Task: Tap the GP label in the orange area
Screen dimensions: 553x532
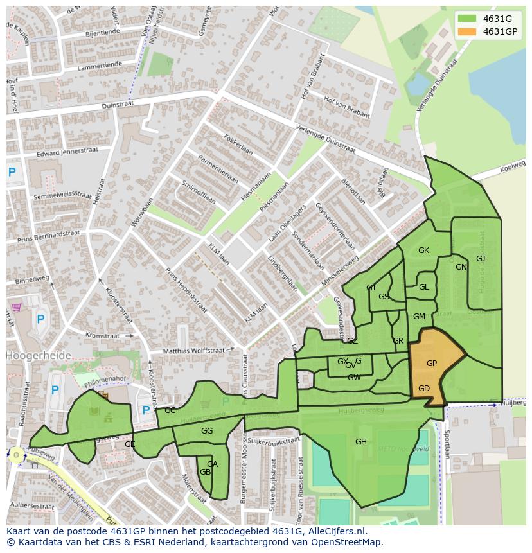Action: click(x=432, y=364)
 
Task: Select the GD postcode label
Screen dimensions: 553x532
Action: click(x=424, y=389)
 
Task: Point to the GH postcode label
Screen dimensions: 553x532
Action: click(x=361, y=441)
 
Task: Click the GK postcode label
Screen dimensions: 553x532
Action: click(x=423, y=250)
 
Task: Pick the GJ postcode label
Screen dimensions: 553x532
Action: click(x=481, y=259)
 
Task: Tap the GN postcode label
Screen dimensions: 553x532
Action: click(x=461, y=267)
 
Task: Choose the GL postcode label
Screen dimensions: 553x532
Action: click(x=423, y=287)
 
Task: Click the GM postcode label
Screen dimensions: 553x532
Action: click(x=419, y=317)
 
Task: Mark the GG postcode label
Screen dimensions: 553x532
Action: click(x=207, y=431)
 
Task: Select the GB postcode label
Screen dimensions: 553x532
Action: click(x=205, y=472)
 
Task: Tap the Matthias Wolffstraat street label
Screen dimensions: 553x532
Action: click(x=193, y=351)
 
